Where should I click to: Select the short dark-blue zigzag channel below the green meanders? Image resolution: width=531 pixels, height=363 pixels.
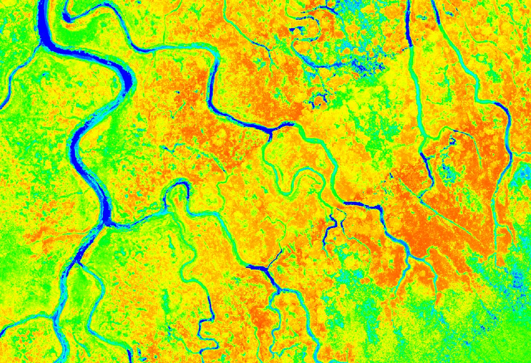point(332,226)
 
